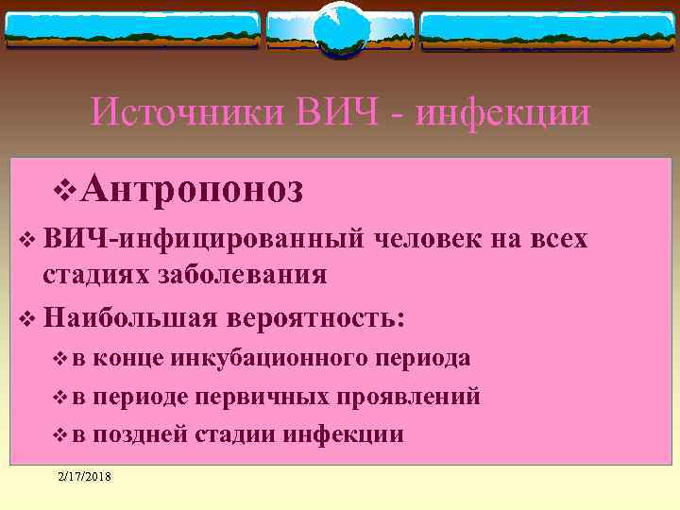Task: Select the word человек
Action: coord(429,240)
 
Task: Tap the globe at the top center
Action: coord(338,27)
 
